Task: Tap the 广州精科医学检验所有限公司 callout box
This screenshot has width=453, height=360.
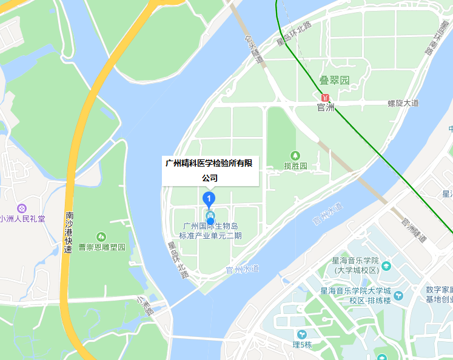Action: tap(210, 170)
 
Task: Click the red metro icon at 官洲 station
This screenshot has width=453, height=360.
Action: tap(326, 97)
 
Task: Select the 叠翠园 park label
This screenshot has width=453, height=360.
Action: tap(335, 80)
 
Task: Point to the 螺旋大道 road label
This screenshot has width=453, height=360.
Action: tap(403, 103)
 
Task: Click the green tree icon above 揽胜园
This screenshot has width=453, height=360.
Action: tap(295, 155)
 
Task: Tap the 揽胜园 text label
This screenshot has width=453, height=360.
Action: tap(295, 165)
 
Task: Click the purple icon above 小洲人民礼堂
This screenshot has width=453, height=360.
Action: tap(22, 208)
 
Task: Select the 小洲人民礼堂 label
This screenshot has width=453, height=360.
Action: tap(22, 219)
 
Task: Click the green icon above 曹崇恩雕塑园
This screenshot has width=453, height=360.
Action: tap(101, 236)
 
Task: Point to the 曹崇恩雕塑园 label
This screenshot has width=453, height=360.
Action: tap(102, 247)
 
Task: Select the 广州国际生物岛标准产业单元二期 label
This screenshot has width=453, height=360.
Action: tap(210, 231)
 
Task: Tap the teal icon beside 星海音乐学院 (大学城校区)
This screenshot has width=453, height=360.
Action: tap(386, 265)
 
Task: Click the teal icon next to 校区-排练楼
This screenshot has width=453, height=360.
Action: tap(398, 295)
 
